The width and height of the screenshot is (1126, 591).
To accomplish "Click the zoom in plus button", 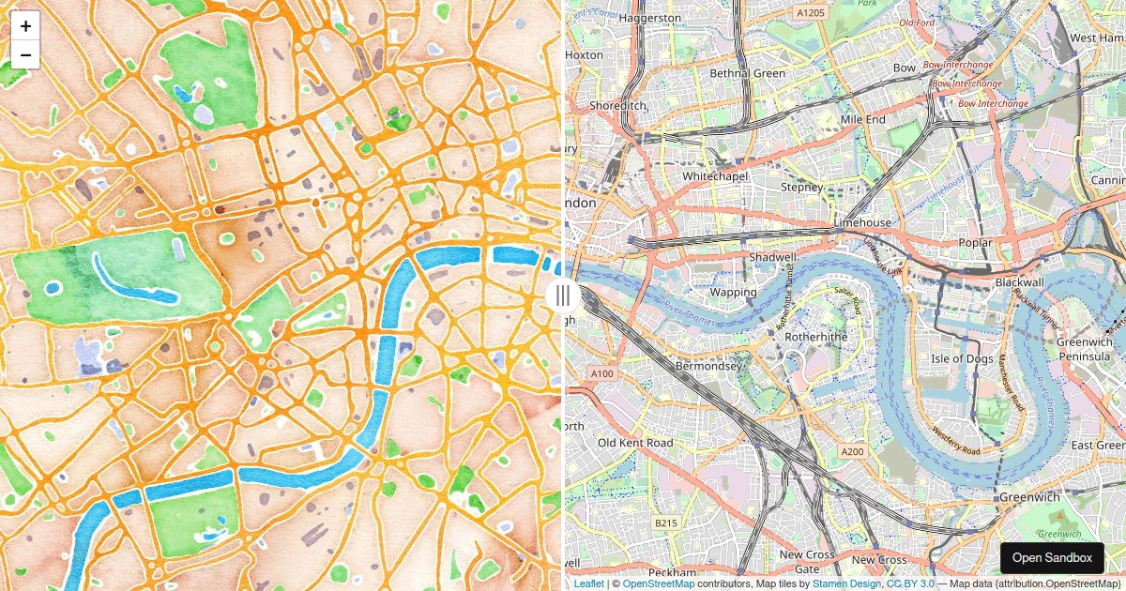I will (25, 26).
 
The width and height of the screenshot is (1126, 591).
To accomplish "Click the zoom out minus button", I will (25, 54).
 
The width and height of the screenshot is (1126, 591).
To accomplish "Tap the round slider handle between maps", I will (562, 296).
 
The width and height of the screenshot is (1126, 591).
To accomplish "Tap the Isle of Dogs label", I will (962, 358).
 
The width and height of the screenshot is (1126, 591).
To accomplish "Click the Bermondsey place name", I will (708, 366).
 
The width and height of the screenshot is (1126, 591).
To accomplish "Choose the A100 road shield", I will (601, 373).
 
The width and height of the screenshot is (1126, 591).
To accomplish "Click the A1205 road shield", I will (809, 13).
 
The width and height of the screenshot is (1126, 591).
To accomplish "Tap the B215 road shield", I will (666, 523).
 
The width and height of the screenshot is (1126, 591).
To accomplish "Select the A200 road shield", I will (852, 451).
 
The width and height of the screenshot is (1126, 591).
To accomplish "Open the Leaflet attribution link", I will (589, 583).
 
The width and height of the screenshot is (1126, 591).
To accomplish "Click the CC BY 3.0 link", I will (910, 583).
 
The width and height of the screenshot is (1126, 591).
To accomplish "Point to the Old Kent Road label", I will (635, 443).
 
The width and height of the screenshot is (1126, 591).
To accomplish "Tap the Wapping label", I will (733, 292).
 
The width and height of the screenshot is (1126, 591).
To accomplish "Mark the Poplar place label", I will (976, 242).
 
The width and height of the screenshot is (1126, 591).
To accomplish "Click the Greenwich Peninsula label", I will (1084, 349).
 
